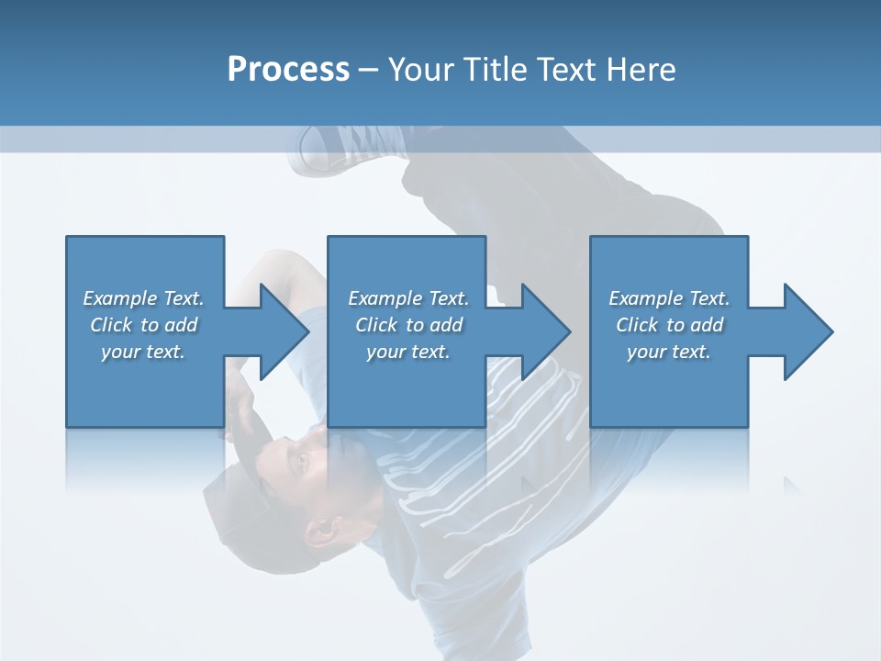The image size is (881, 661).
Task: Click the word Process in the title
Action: tap(288, 70)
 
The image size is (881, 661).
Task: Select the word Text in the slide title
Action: tap(565, 70)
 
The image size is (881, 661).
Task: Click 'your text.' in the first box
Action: tap(143, 352)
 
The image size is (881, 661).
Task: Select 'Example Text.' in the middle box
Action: tap(407, 298)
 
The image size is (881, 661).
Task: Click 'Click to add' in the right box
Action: tap(669, 325)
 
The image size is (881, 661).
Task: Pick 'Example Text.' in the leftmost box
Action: tap(143, 298)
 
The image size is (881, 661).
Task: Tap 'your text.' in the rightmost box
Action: tap(669, 352)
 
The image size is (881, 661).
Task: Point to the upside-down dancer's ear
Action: tap(321, 530)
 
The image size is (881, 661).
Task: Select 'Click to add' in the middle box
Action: tap(407, 325)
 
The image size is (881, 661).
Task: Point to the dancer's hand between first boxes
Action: tap(240, 404)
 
